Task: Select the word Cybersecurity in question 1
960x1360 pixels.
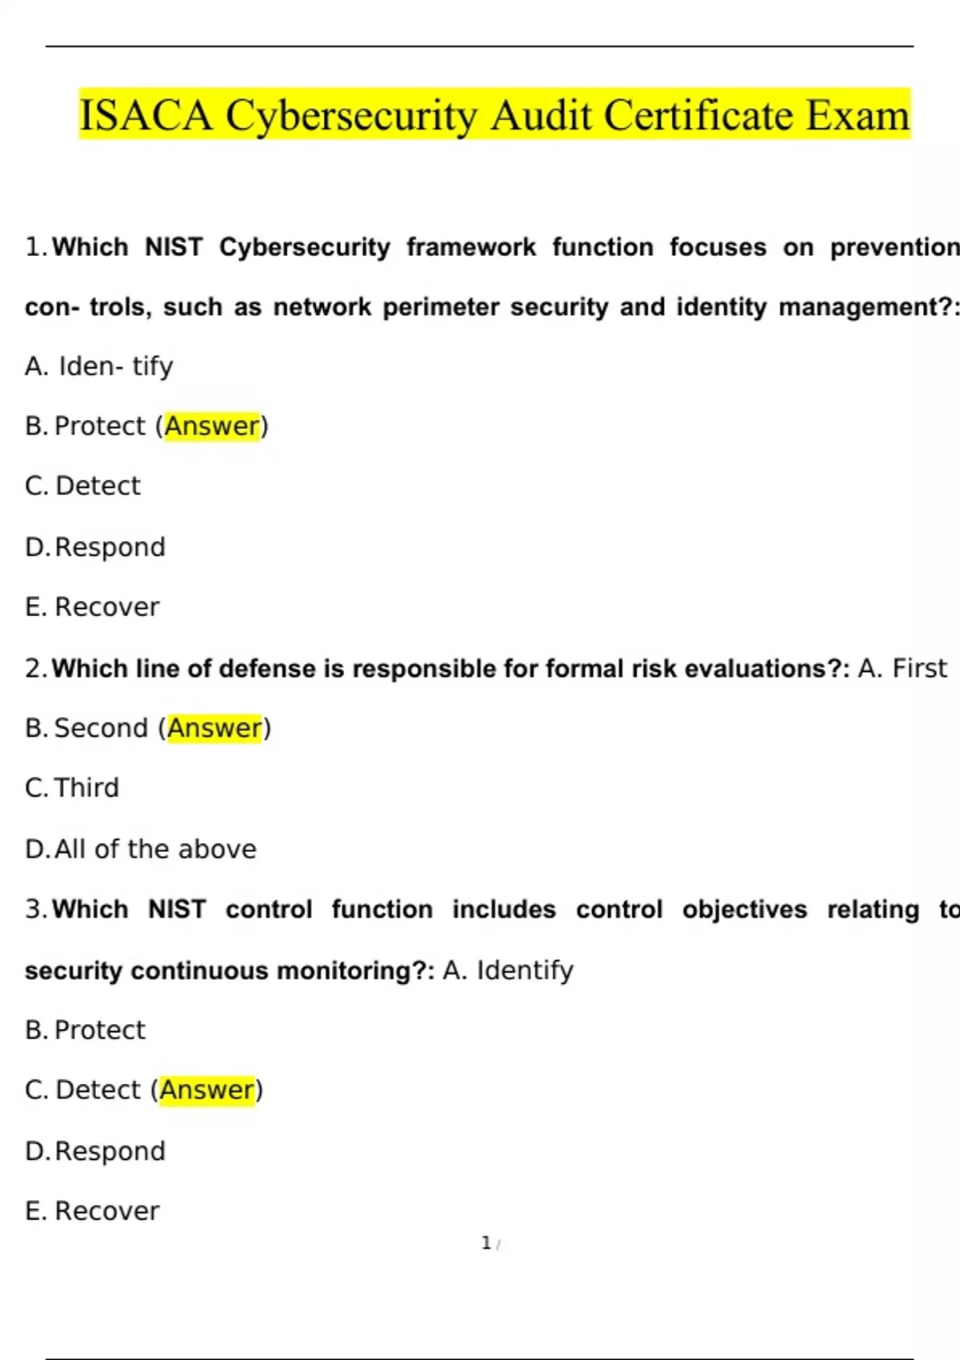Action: [304, 247]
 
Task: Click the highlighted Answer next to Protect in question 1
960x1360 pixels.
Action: [212, 426]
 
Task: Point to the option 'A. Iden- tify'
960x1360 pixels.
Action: [99, 366]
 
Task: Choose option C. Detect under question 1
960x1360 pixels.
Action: [83, 486]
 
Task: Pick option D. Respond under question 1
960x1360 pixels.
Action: [95, 547]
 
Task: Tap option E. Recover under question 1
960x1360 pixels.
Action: [92, 607]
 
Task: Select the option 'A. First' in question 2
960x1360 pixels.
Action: [902, 668]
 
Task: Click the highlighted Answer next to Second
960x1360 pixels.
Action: [214, 728]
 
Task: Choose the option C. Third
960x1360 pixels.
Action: [72, 788]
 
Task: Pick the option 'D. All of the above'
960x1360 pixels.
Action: [141, 849]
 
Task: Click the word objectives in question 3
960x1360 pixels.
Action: [744, 910]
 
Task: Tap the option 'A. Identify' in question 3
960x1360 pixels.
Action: [508, 970]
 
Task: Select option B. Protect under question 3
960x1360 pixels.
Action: [86, 1030]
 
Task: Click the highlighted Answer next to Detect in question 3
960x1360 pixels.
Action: [207, 1090]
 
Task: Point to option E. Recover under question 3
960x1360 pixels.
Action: [92, 1211]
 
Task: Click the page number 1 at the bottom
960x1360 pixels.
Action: [486, 1243]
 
